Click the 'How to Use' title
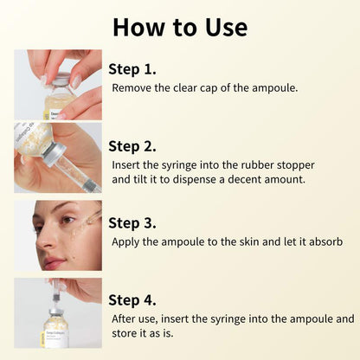[x=179, y=27]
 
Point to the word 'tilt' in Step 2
[x=141, y=181]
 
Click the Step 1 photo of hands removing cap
[x=57, y=84]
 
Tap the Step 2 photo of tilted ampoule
[x=57, y=157]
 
